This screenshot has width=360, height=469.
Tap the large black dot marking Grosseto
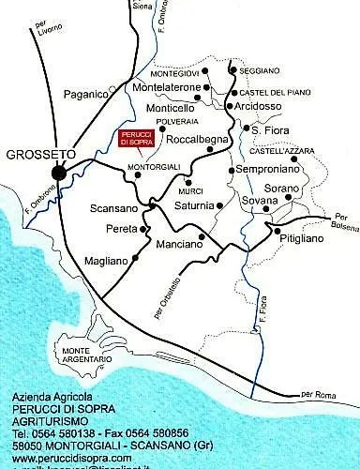pos(59,172)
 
